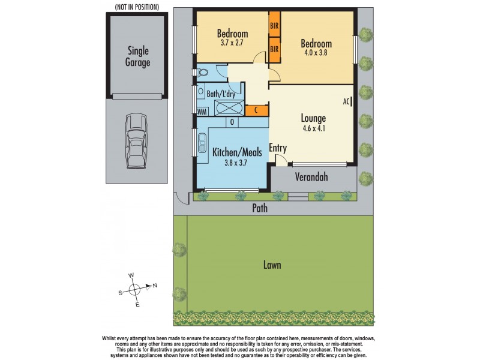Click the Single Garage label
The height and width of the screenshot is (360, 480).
click(x=138, y=56)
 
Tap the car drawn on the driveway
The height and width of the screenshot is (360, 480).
click(x=137, y=141)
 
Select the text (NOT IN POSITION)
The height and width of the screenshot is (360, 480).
click(x=133, y=7)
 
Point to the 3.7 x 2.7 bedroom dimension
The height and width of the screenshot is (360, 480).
click(x=232, y=43)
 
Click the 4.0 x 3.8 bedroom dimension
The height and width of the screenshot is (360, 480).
click(x=316, y=53)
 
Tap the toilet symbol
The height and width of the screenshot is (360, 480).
click(x=204, y=73)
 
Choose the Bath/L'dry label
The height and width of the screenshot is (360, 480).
click(x=221, y=94)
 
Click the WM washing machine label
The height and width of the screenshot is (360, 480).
click(x=202, y=111)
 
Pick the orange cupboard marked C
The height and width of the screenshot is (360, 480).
click(x=256, y=110)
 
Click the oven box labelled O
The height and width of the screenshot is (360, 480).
click(x=230, y=122)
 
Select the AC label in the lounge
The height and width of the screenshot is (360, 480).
click(x=346, y=102)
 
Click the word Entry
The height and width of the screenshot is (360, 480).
click(x=278, y=148)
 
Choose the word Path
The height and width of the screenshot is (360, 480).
click(x=259, y=208)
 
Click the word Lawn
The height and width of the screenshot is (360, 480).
click(x=271, y=265)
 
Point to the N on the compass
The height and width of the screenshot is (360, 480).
click(x=155, y=286)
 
